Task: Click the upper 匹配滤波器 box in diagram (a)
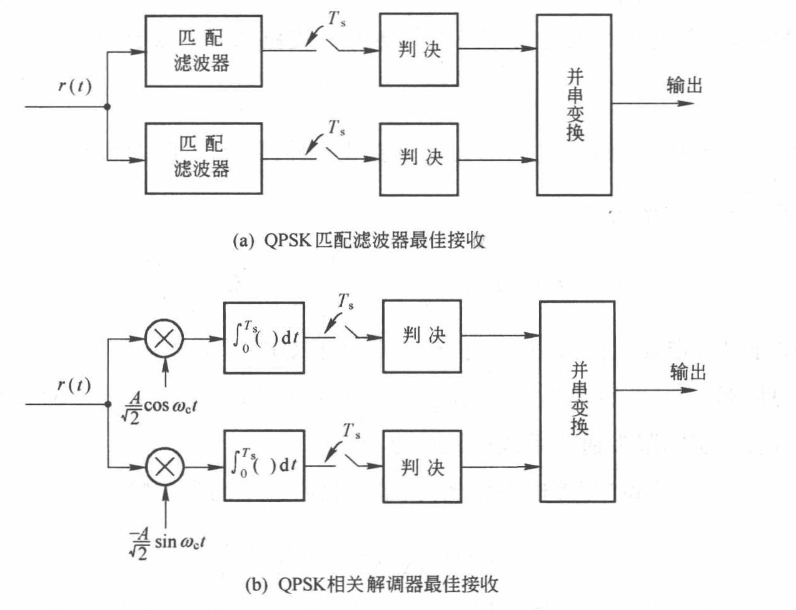tap(203, 51)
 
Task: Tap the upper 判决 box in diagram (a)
tap(418, 49)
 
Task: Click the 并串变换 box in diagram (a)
tap(573, 105)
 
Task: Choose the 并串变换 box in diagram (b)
tap(577, 400)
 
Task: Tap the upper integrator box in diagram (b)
tap(264, 338)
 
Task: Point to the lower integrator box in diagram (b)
tap(264, 465)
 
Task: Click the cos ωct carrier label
tap(160, 406)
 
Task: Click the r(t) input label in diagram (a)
tap(74, 85)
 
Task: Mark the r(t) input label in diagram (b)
tap(74, 385)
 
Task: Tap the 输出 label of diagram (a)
tap(684, 85)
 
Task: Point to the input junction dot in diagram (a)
tap(108, 107)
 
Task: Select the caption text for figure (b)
tap(372, 584)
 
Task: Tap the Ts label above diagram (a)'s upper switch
tap(338, 20)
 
